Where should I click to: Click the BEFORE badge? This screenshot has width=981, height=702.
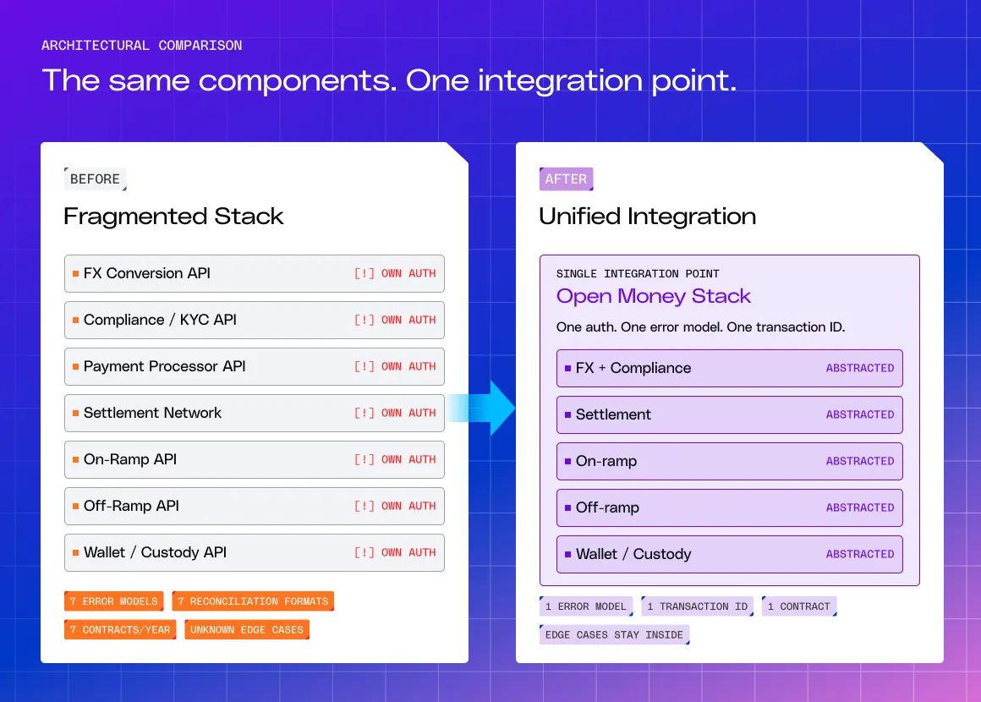[x=95, y=179]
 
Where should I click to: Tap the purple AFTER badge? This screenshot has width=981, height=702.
[x=567, y=179]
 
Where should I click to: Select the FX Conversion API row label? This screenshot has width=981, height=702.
[x=147, y=273]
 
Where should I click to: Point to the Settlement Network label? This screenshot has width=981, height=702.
[x=153, y=413]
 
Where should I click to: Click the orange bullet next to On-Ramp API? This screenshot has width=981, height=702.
[x=76, y=459]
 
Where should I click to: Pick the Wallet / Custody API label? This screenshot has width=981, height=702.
[x=155, y=552]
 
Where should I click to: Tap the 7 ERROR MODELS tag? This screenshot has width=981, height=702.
[x=114, y=601]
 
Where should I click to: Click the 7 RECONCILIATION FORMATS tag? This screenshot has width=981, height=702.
[x=253, y=601]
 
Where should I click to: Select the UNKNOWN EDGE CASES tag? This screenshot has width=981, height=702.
[x=247, y=629]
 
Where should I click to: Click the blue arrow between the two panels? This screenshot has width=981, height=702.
[x=480, y=408]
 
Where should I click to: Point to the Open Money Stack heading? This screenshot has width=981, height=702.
[x=653, y=296]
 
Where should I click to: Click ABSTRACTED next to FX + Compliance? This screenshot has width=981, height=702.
[x=859, y=368]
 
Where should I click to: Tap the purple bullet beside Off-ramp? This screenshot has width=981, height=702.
[x=568, y=507]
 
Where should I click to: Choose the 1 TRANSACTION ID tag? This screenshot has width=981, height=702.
[x=698, y=606]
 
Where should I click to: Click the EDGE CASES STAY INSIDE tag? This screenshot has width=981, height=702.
[x=614, y=634]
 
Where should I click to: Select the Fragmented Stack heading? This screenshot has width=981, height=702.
[x=173, y=217]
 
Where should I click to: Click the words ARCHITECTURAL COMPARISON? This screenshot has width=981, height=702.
[x=141, y=46]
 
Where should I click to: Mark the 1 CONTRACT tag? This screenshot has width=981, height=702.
[x=799, y=606]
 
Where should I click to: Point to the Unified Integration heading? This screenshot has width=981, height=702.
[x=648, y=217]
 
